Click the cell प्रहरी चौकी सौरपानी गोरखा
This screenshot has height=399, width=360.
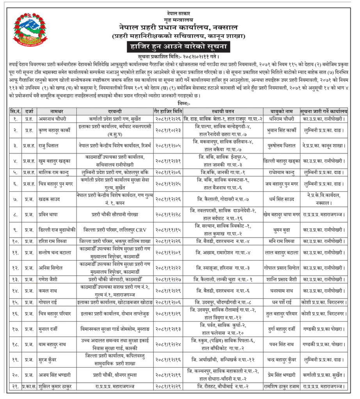coord(115,214)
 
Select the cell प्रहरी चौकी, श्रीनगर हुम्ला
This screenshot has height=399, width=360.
coord(115,375)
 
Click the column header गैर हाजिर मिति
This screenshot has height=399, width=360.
coord(167,111)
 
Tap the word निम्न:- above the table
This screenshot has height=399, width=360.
coord(180,104)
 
